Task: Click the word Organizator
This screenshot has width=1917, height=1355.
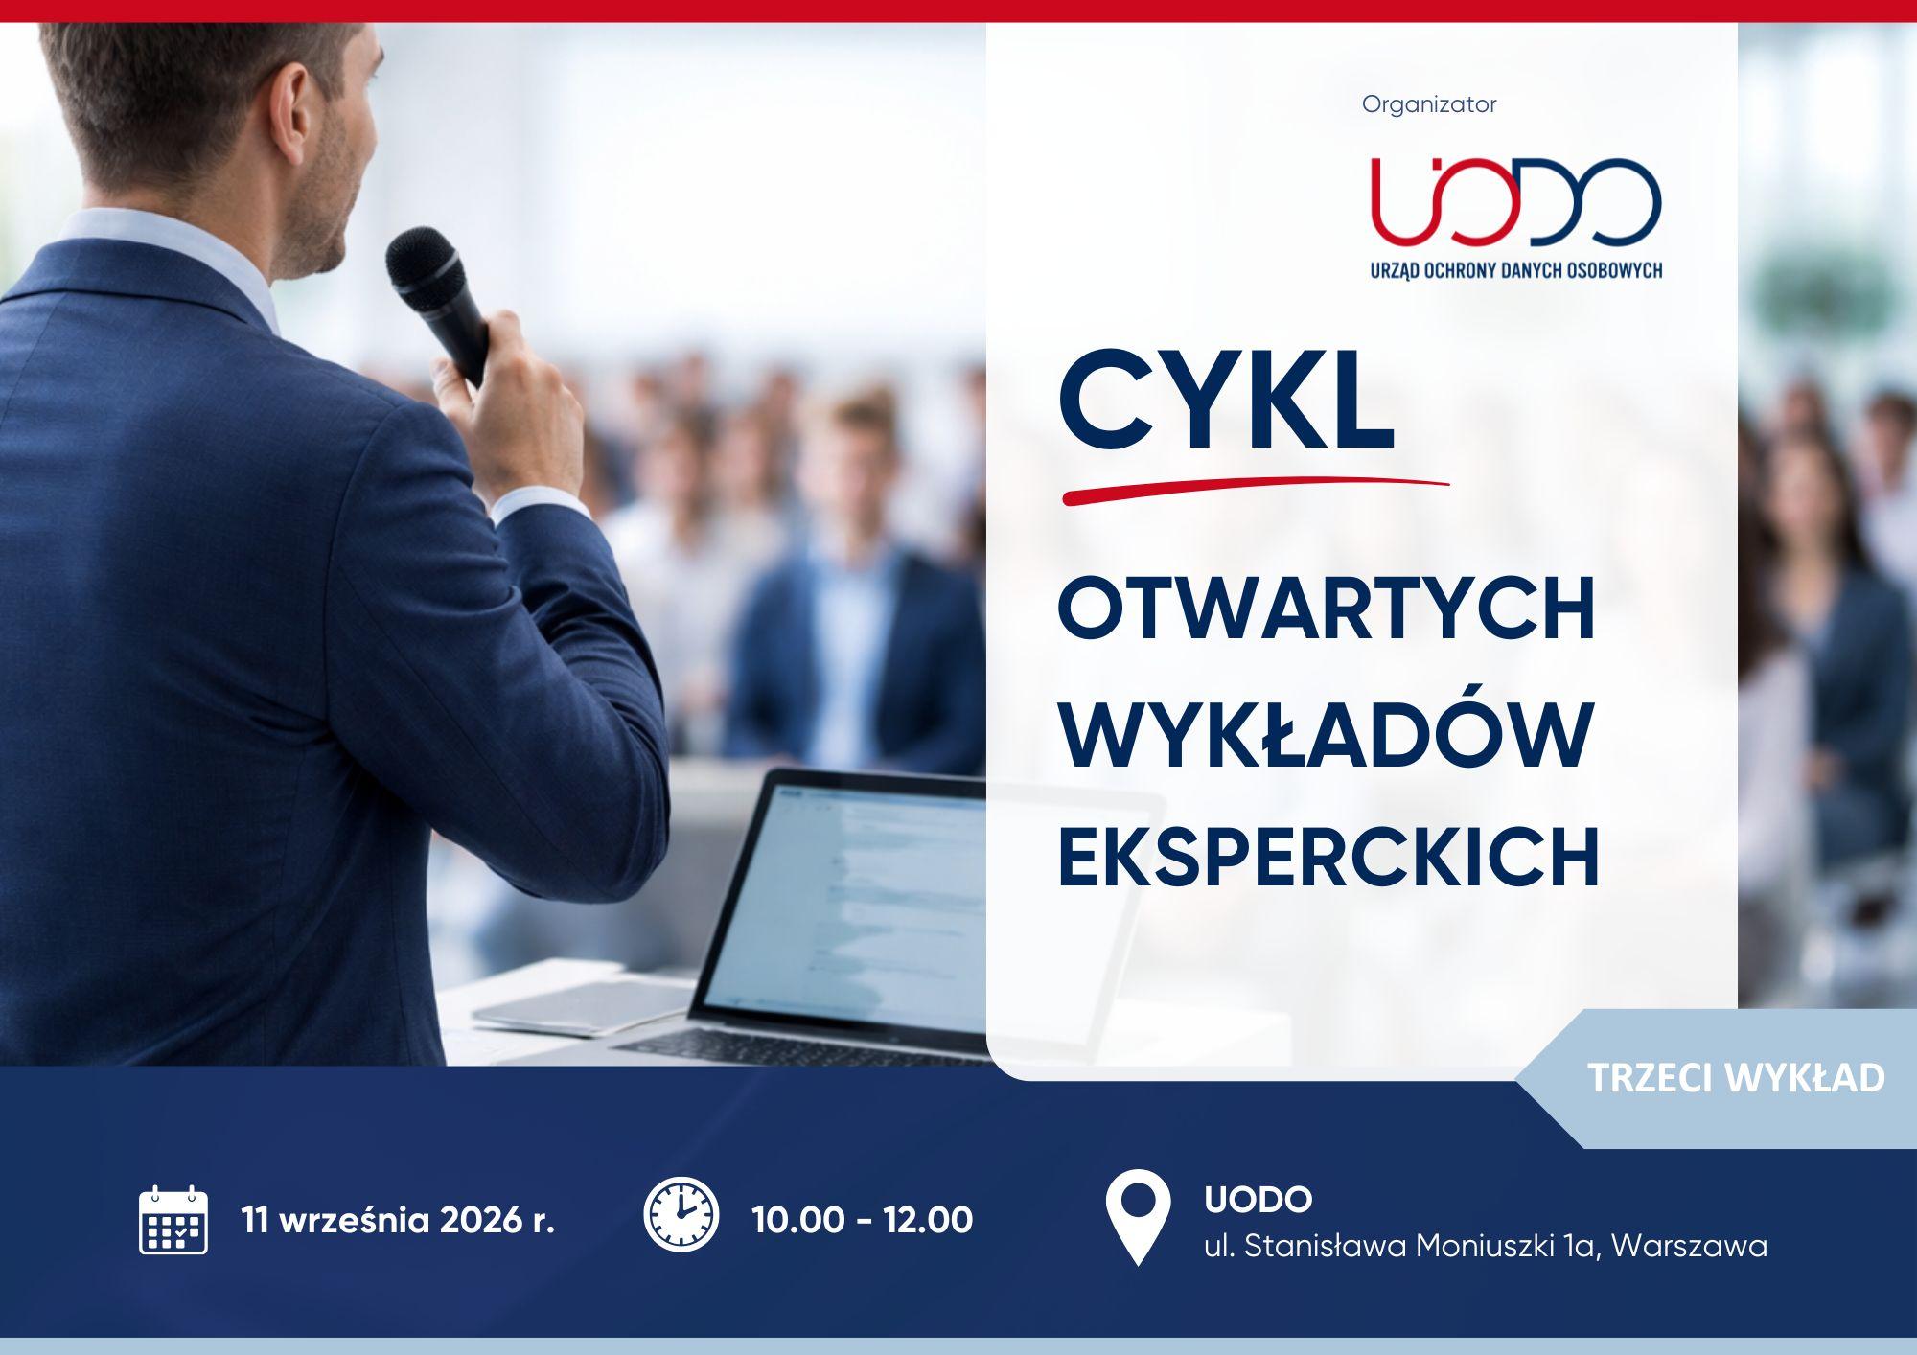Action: coord(1429,104)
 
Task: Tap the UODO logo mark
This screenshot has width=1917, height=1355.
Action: coord(1515,200)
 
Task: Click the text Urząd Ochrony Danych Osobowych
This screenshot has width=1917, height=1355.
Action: coord(1515,270)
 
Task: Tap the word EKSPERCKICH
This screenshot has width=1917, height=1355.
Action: coord(1328,857)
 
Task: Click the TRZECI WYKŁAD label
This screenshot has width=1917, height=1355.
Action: coord(1736,1078)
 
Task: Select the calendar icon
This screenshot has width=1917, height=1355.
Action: coord(173,1220)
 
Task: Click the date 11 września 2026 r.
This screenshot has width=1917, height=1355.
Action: coord(399,1221)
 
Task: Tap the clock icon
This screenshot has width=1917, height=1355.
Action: coord(681,1214)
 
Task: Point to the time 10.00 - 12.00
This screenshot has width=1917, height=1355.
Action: coord(863,1220)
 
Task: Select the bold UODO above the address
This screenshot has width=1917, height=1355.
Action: coord(1259,1199)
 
